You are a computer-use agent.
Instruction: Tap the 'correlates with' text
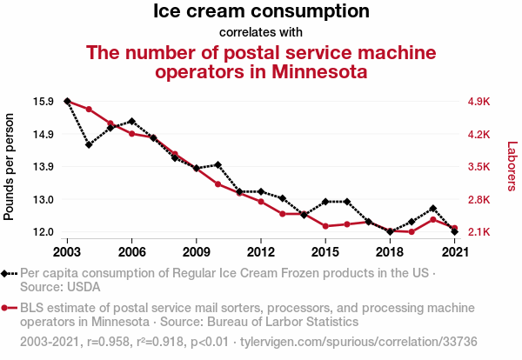pos(261,32)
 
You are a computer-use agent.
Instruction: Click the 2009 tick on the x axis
pos(197,252)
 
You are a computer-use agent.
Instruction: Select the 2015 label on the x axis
pos(325,252)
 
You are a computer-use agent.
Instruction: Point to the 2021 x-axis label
pos(454,252)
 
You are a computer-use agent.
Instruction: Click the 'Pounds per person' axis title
pos(10,166)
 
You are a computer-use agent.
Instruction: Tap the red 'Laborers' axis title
pos(512,166)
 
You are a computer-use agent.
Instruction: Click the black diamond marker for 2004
pos(89,144)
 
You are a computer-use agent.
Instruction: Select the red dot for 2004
pos(89,109)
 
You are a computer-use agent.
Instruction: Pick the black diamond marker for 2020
pos(433,209)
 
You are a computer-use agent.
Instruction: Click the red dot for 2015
pos(325,226)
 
